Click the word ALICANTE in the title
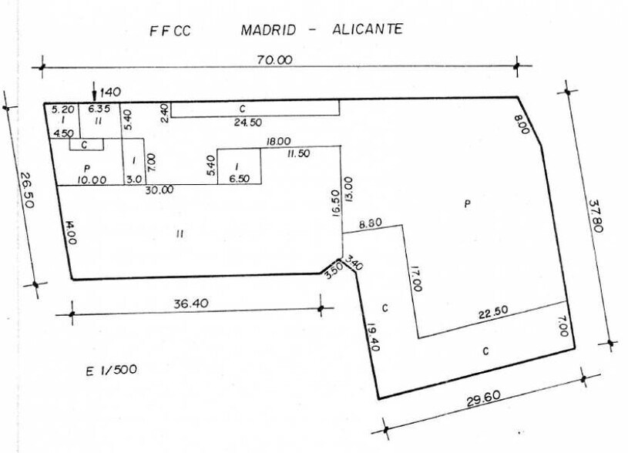point(367,29)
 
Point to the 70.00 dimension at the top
point(274,59)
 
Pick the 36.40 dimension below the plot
point(190,304)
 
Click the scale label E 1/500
point(113,371)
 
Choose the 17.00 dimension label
point(417,277)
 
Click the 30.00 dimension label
point(160,190)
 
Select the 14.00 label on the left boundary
point(69,231)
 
